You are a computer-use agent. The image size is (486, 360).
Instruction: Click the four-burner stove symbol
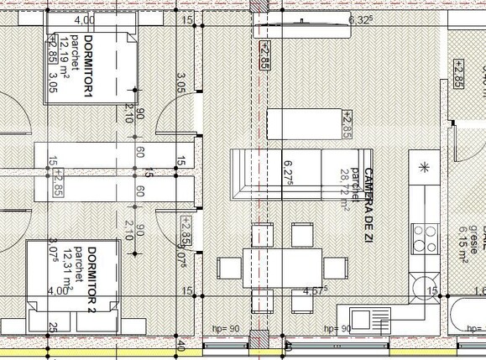click(425, 232)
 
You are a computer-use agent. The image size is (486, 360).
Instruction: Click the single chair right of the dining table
click(336, 268)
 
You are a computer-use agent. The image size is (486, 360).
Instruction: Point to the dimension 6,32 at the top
click(359, 19)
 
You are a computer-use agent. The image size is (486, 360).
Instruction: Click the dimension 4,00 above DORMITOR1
click(84, 19)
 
